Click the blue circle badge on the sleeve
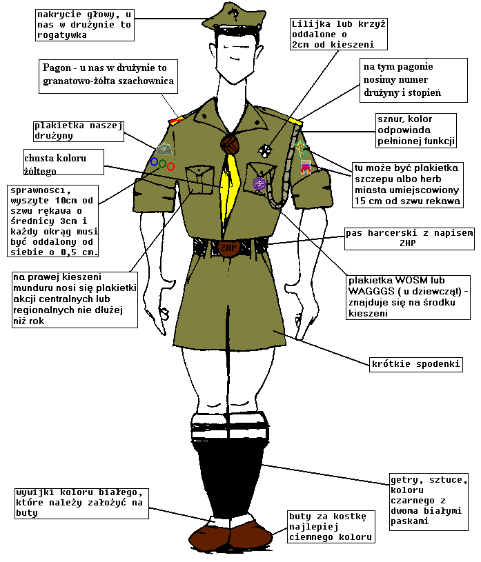point(154,161)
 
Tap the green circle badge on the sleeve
point(162,164)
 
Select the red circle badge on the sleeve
point(170,166)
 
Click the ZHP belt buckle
point(228,248)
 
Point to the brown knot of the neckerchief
point(230,144)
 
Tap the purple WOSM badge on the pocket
point(259,184)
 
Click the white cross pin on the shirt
point(265,150)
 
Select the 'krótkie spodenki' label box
point(416,364)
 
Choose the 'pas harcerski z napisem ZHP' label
point(409,239)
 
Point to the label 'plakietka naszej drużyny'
point(79,131)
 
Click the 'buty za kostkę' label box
point(331,527)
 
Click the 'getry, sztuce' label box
point(429,501)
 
